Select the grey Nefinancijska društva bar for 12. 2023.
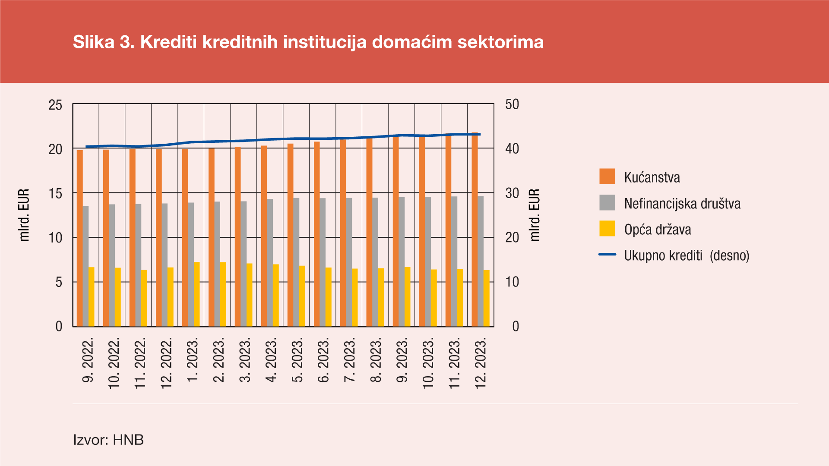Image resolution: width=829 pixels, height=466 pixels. coord(481,261)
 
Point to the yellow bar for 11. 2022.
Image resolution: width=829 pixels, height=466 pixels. coord(144,298)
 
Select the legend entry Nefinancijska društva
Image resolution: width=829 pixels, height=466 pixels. coord(682,203)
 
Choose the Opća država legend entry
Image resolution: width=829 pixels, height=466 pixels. coord(657,229)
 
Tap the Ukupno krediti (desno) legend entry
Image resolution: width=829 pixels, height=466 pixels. coord(687,255)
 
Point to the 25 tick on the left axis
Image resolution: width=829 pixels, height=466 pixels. coord(56,105)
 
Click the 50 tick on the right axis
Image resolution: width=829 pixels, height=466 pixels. coord(512,104)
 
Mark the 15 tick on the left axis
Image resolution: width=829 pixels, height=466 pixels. coord(56,193)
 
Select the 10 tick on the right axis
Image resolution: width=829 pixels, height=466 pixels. coord(512,282)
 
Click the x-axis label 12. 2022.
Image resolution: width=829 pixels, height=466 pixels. coord(167,362)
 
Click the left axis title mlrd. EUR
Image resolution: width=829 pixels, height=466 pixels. coord(24,215)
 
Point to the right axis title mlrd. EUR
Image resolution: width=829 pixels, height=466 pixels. coord(535,215)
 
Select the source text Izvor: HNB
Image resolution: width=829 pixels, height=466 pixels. coord(108,440)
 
